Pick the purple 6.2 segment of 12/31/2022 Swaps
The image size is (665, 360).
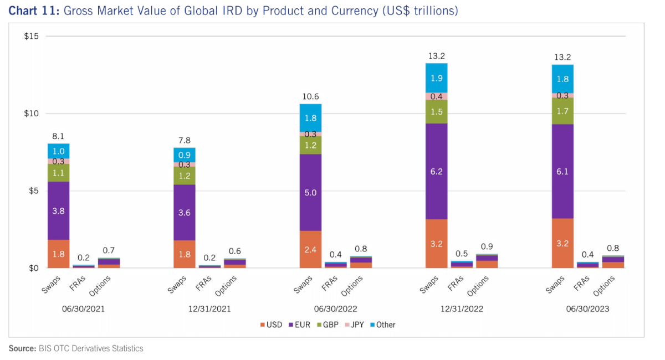click(x=437, y=172)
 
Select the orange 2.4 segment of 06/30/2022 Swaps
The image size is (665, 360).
click(x=310, y=249)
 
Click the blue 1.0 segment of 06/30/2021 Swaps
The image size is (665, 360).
click(x=58, y=151)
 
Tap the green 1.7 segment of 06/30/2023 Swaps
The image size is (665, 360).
click(x=562, y=111)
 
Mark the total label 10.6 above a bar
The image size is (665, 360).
click(x=310, y=97)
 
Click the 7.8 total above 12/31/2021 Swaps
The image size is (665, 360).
click(x=185, y=141)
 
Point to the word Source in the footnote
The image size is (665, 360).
click(x=22, y=348)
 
